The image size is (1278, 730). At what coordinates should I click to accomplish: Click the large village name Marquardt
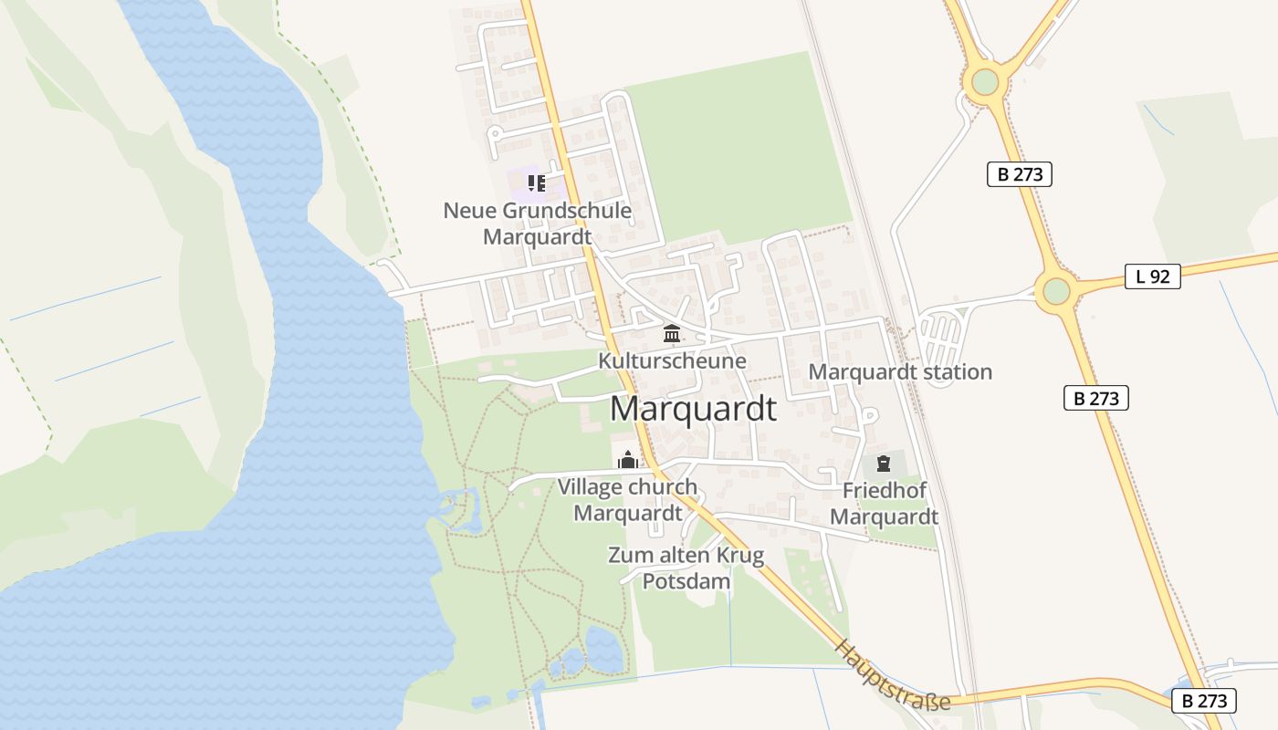(693, 409)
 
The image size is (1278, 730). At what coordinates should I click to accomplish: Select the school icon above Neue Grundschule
(536, 183)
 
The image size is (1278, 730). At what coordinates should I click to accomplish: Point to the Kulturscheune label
(672, 360)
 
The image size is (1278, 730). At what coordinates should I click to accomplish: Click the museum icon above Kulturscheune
(672, 333)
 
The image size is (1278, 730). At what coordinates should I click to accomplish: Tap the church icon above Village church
(627, 460)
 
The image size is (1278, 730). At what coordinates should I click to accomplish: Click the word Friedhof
(884, 491)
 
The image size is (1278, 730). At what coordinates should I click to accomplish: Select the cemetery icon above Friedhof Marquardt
(883, 464)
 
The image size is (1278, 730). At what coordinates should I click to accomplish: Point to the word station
(948, 372)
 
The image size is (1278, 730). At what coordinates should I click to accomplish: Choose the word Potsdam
(686, 581)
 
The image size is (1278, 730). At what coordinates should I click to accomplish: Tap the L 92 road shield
(1152, 276)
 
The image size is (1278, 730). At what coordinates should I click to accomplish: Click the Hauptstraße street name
(892, 674)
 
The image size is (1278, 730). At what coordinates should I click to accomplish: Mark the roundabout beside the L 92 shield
(1056, 291)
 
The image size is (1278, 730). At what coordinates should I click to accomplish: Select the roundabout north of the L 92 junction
(985, 82)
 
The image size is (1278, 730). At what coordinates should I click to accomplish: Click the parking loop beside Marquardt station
(941, 338)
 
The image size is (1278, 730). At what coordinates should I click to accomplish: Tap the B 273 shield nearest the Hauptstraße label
(1204, 701)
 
